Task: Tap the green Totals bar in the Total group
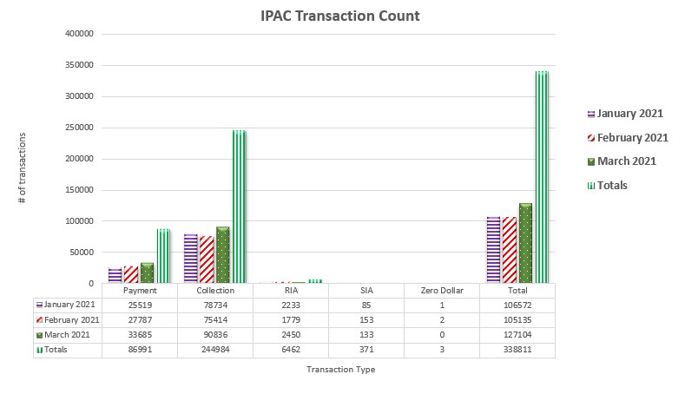[x=542, y=177]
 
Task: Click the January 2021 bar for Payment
[x=115, y=275]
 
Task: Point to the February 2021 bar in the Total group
[x=510, y=250]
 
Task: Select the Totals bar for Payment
[x=163, y=256]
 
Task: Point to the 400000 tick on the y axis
[x=80, y=34]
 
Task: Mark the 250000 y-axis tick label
[x=80, y=128]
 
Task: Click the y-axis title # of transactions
[x=22, y=168]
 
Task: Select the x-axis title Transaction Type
[x=341, y=369]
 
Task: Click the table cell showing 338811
[x=517, y=350]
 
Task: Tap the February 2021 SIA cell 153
[x=366, y=320]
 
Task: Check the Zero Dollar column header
[x=442, y=291]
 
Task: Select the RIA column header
[x=291, y=291]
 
